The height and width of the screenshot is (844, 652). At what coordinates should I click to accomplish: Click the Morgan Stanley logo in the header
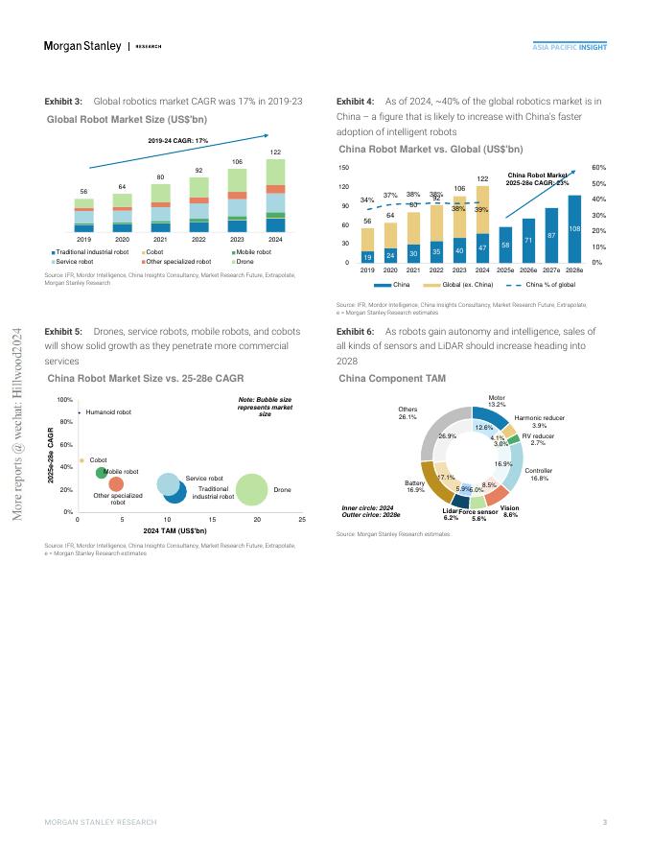tap(82, 46)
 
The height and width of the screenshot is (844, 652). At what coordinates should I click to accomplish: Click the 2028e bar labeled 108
tap(574, 228)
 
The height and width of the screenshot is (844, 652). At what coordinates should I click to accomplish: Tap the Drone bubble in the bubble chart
tap(252, 489)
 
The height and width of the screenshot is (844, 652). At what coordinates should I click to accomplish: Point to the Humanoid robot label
tap(108, 412)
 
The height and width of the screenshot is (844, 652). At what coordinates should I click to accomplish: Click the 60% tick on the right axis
tap(599, 167)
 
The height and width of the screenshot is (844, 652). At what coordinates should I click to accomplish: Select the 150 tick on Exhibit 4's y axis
tap(343, 168)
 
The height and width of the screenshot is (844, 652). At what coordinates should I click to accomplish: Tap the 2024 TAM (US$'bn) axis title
tap(175, 530)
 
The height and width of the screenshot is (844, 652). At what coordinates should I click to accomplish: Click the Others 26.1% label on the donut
tap(407, 413)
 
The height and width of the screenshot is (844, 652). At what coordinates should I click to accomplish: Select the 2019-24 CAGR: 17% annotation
tap(178, 141)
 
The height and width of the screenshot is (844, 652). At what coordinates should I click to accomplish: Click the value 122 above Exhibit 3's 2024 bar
tap(275, 152)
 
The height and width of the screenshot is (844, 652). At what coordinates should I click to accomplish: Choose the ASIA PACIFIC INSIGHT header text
tap(570, 47)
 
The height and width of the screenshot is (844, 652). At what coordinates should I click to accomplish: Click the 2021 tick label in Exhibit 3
tap(161, 239)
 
